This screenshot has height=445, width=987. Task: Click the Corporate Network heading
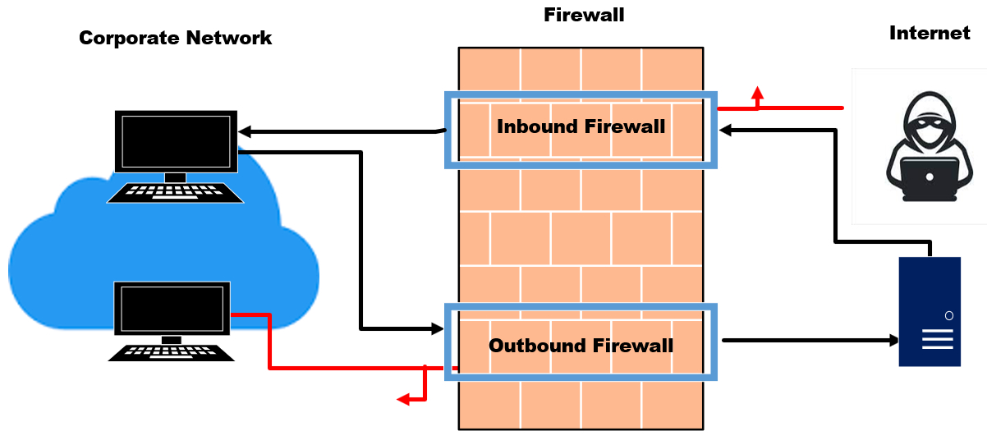175,38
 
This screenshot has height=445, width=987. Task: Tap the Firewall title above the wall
584,15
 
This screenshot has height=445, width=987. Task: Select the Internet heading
930,34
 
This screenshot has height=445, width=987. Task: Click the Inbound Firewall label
581,127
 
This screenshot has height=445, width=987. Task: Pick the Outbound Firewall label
581,346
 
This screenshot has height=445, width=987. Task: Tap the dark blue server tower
929,311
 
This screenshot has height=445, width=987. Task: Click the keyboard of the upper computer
175,192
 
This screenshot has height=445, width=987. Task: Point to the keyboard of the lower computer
172,351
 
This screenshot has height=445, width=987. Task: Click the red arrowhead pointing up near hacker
757,93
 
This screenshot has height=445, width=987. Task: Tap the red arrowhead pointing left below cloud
403,400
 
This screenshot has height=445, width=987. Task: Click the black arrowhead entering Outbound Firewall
436,329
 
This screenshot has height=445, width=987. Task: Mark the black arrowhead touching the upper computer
245,132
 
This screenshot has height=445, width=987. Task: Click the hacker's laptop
929,176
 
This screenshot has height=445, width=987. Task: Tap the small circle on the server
948,315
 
